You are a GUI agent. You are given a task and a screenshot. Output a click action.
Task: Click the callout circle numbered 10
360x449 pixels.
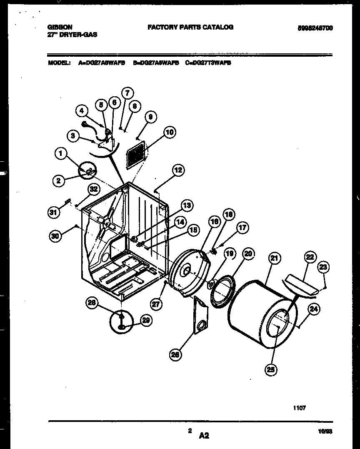(x=169, y=133)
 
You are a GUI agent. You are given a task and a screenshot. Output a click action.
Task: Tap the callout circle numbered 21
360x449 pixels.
(x=274, y=258)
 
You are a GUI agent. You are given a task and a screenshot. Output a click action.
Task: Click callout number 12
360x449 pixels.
(x=178, y=170)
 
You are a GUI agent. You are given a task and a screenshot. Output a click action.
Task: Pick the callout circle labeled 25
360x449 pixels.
(x=272, y=369)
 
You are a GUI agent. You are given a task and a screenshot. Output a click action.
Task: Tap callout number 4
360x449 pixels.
(x=82, y=111)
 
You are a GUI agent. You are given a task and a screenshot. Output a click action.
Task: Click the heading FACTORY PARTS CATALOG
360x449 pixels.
(x=190, y=27)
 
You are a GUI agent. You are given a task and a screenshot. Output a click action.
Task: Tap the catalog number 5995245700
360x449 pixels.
(x=315, y=28)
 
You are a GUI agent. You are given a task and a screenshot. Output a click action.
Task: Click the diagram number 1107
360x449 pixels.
(x=300, y=408)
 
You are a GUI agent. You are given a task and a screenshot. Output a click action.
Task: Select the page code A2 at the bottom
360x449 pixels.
(x=204, y=436)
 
